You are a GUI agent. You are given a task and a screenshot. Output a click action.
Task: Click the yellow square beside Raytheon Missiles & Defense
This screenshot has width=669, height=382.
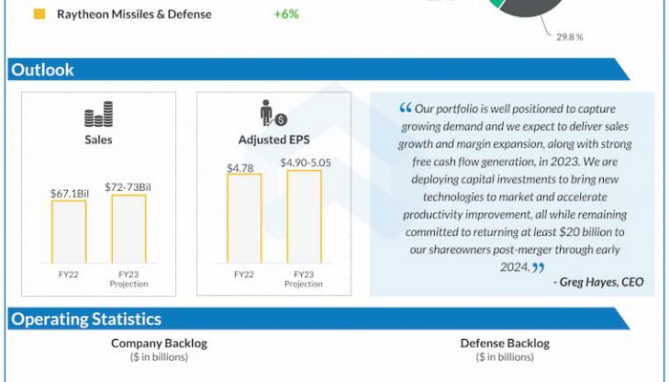click(39, 14)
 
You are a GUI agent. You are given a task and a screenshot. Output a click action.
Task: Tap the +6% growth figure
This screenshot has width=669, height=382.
click(286, 14)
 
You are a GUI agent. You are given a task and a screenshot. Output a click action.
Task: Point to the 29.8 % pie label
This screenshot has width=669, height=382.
click(570, 37)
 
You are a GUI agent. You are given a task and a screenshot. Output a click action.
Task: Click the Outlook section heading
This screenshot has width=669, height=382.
click(42, 70)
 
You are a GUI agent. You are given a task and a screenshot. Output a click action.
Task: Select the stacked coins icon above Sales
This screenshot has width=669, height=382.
click(98, 117)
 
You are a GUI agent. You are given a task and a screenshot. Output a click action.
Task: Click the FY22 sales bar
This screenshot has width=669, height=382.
click(69, 231)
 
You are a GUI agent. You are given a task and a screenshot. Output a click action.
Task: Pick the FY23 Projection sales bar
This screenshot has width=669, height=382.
click(129, 228)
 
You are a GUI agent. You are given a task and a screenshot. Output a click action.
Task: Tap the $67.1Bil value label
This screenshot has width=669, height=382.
click(69, 193)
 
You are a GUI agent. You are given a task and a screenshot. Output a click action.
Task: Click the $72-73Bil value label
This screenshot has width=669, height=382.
click(129, 187)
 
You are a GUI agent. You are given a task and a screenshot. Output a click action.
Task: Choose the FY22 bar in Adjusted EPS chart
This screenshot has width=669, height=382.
click(244, 218)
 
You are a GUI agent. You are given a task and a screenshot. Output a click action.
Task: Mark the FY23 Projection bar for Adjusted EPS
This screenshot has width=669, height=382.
click(304, 216)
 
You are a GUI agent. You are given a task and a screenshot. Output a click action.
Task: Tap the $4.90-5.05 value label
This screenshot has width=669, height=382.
click(304, 163)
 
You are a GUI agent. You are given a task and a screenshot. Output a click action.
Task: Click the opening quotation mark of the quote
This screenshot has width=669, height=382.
click(406, 108)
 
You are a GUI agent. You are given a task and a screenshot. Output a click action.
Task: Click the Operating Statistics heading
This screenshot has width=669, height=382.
click(86, 319)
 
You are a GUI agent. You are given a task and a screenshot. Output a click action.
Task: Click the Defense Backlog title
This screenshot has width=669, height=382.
click(505, 343)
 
